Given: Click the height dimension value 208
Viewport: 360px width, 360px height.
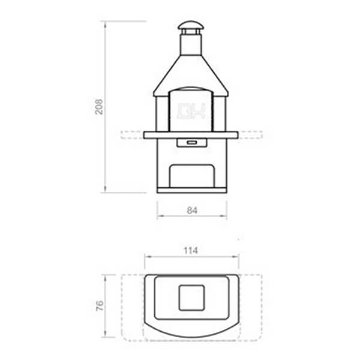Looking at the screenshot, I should [100, 107].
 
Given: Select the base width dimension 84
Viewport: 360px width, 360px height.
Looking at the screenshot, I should [192, 210].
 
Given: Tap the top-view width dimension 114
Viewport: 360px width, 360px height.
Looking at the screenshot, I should [191, 250].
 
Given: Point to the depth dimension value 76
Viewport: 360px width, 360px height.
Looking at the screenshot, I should [100, 306].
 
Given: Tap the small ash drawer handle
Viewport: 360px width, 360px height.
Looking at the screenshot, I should [192, 142].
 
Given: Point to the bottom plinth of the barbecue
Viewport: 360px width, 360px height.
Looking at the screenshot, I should [192, 190].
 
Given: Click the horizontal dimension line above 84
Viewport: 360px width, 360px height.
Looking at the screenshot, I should [192, 218].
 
